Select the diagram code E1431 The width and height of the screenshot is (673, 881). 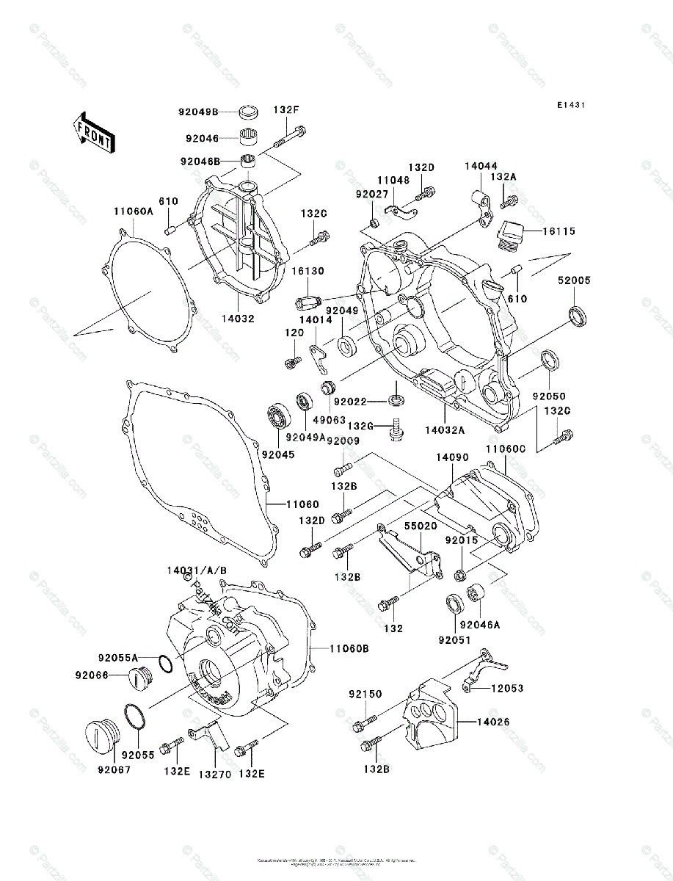(x=570, y=106)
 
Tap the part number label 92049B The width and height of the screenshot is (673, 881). (x=197, y=112)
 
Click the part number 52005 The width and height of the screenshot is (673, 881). (x=574, y=280)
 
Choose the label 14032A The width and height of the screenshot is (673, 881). (x=444, y=425)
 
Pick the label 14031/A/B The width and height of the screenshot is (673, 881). (x=196, y=570)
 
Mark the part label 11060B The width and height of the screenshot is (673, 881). (x=349, y=648)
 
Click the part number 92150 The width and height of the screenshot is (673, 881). (x=365, y=694)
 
